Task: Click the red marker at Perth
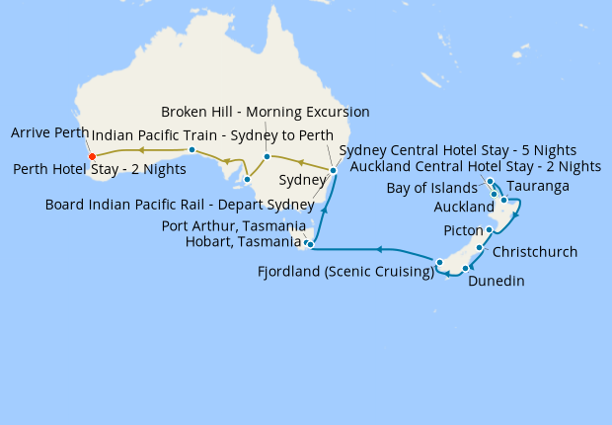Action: pyautogui.click(x=92, y=156)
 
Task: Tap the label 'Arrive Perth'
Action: pyautogui.click(x=49, y=132)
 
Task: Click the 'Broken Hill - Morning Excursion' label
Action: pyautogui.click(x=265, y=112)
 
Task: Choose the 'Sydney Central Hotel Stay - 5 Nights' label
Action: pyautogui.click(x=457, y=149)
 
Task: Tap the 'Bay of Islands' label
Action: pyautogui.click(x=433, y=189)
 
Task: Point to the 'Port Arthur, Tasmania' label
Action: pyautogui.click(x=233, y=226)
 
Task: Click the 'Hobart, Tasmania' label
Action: pyautogui.click(x=244, y=242)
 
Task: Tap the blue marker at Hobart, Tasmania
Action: pyautogui.click(x=310, y=244)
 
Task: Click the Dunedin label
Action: pyautogui.click(x=496, y=282)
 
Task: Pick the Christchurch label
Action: pyautogui.click(x=534, y=252)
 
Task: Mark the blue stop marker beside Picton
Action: pyautogui.click(x=489, y=229)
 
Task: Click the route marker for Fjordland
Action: pyautogui.click(x=439, y=262)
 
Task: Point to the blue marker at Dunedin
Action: pyautogui.click(x=465, y=268)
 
